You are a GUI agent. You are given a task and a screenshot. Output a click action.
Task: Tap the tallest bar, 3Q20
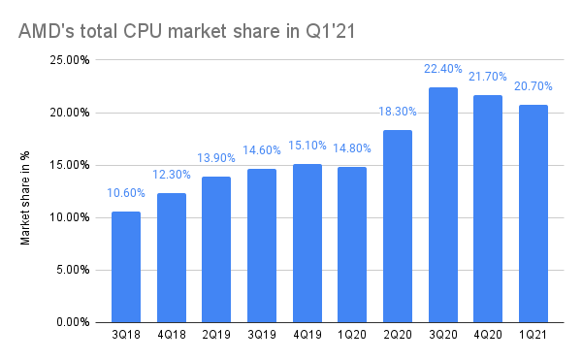[x=442, y=205]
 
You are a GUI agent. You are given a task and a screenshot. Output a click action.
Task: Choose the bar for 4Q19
[x=307, y=243]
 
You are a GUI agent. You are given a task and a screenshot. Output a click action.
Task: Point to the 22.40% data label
[x=442, y=69]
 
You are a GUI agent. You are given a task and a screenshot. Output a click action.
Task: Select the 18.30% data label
[x=397, y=112]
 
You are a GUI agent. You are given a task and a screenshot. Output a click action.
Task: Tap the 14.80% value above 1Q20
[x=352, y=148]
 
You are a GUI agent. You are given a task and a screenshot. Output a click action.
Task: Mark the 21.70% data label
[x=488, y=76]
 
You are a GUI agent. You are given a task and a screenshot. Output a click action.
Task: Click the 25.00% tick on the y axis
[x=72, y=60]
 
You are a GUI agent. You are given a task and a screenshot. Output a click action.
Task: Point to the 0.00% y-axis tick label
[x=75, y=322]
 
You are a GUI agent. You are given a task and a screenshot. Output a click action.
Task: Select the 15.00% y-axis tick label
[x=72, y=165]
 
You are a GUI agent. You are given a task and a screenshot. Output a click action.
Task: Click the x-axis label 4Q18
[x=171, y=338]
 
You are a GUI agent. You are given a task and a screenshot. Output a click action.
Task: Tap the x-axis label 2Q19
[x=216, y=338]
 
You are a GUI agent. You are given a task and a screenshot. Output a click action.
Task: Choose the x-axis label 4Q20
[x=488, y=338]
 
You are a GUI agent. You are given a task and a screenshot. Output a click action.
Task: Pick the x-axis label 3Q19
[x=261, y=338]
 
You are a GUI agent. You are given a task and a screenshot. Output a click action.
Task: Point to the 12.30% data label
[x=171, y=175]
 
